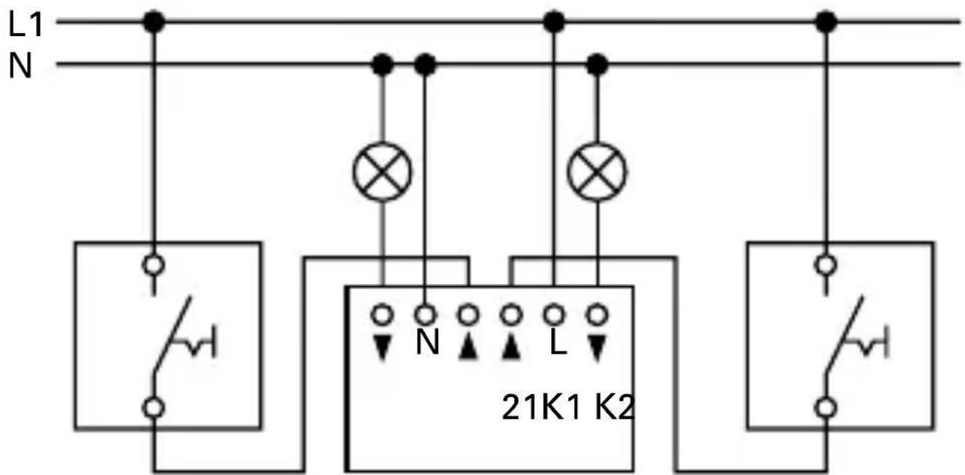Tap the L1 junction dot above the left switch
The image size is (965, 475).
(x=154, y=22)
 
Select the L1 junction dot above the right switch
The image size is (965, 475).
(x=826, y=22)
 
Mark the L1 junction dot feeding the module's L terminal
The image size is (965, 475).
(x=553, y=22)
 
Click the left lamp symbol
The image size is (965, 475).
(x=382, y=172)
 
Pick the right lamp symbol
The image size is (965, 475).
(x=597, y=172)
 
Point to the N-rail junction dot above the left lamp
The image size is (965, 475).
(x=383, y=65)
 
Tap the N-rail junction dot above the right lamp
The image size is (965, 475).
(x=597, y=65)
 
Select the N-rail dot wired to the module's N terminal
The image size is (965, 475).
(x=425, y=65)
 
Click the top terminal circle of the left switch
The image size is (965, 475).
(x=154, y=264)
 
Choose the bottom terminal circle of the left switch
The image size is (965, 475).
(x=154, y=408)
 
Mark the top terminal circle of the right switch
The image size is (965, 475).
(x=826, y=264)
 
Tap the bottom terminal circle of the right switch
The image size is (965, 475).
(x=826, y=408)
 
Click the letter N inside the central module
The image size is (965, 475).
(x=427, y=344)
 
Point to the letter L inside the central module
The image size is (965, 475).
(x=557, y=344)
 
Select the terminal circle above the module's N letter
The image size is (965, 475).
(x=426, y=312)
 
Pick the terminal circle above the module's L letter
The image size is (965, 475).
(x=554, y=312)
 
